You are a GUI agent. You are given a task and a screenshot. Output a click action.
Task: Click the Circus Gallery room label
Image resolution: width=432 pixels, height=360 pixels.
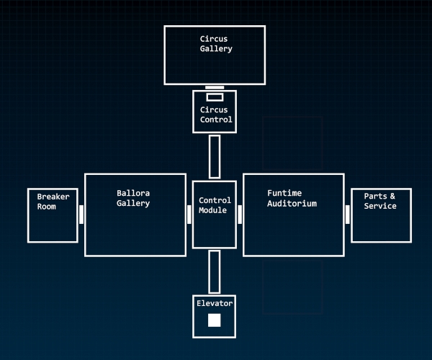tap(216, 43)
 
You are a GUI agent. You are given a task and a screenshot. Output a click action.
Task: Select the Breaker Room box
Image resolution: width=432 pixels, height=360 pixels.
tap(53, 215)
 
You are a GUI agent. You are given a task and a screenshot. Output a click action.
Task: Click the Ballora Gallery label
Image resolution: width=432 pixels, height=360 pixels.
tap(133, 198)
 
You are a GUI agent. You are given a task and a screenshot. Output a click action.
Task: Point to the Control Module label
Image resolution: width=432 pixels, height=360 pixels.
tap(215, 205)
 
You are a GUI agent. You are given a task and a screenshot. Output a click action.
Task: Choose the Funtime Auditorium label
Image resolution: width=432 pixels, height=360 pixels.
tap(292, 198)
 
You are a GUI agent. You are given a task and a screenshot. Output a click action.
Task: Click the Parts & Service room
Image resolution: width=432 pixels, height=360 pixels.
tap(381, 215)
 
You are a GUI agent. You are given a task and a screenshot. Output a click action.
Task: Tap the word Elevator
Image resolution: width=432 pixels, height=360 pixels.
tap(215, 303)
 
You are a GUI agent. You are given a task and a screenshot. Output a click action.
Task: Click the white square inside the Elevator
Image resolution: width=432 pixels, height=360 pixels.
tap(214, 320)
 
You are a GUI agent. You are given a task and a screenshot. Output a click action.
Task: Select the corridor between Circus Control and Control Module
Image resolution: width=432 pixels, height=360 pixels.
tap(215, 156)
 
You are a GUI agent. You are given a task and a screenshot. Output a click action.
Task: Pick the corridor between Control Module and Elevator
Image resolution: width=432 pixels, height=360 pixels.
tap(215, 271)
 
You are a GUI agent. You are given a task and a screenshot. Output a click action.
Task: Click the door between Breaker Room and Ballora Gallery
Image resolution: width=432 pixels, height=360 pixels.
tap(81, 215)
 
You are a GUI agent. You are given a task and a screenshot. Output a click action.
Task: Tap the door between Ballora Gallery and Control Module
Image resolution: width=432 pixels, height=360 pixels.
tap(189, 215)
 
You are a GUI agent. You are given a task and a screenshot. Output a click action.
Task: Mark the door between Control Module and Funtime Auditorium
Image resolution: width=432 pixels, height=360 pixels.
tap(240, 215)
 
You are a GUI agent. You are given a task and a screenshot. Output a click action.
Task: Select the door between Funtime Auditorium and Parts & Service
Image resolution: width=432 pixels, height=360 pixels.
tap(348, 215)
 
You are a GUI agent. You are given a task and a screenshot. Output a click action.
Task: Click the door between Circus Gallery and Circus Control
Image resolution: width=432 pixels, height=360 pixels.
tap(215, 87)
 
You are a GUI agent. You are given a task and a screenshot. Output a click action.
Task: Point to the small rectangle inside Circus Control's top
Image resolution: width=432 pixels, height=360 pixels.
tap(215, 97)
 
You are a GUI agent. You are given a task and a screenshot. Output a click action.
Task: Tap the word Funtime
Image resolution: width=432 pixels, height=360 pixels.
tap(284, 193)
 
